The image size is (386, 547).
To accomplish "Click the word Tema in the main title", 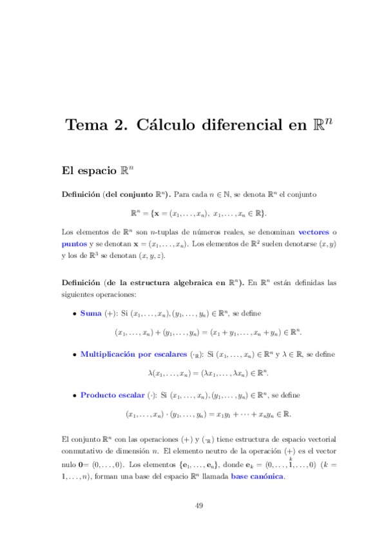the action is tap(88, 125).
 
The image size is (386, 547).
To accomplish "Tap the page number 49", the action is tap(199, 506).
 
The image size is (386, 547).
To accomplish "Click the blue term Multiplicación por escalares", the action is tap(134, 354).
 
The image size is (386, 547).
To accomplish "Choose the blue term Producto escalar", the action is tap(112, 395).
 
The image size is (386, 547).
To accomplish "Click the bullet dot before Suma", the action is tap(74, 314).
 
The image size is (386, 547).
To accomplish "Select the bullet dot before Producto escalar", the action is tap(74, 395).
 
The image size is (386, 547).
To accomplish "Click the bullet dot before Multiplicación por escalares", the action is tap(74, 355).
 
